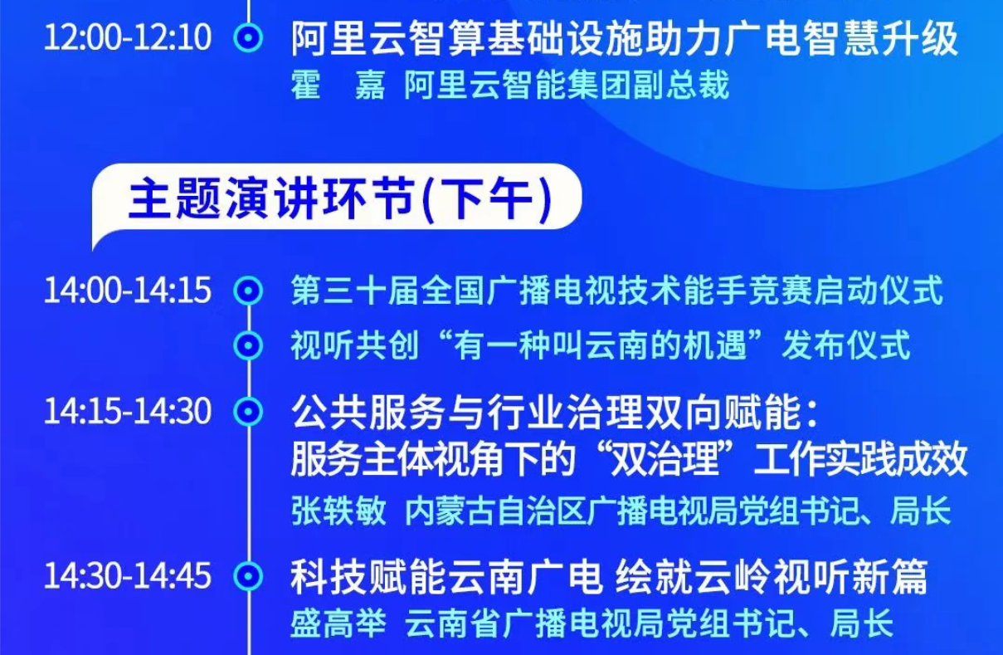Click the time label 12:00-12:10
(128, 37)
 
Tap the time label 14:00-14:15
(128, 291)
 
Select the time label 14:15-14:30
(128, 411)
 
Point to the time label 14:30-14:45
(128, 575)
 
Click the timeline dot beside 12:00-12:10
(248, 37)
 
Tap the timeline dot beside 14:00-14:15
(248, 291)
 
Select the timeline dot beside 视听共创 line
(248, 345)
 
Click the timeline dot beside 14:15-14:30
(248, 411)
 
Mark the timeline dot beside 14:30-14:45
(248, 575)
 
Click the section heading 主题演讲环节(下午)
(340, 199)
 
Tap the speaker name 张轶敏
(338, 511)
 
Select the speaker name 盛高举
(338, 623)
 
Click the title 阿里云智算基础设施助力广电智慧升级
(625, 39)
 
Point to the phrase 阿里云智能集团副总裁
(567, 85)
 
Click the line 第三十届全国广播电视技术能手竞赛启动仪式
(617, 291)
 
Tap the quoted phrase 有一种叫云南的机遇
(601, 345)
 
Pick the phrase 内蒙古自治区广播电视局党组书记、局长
(678, 511)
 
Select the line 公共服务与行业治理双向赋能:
(554, 412)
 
